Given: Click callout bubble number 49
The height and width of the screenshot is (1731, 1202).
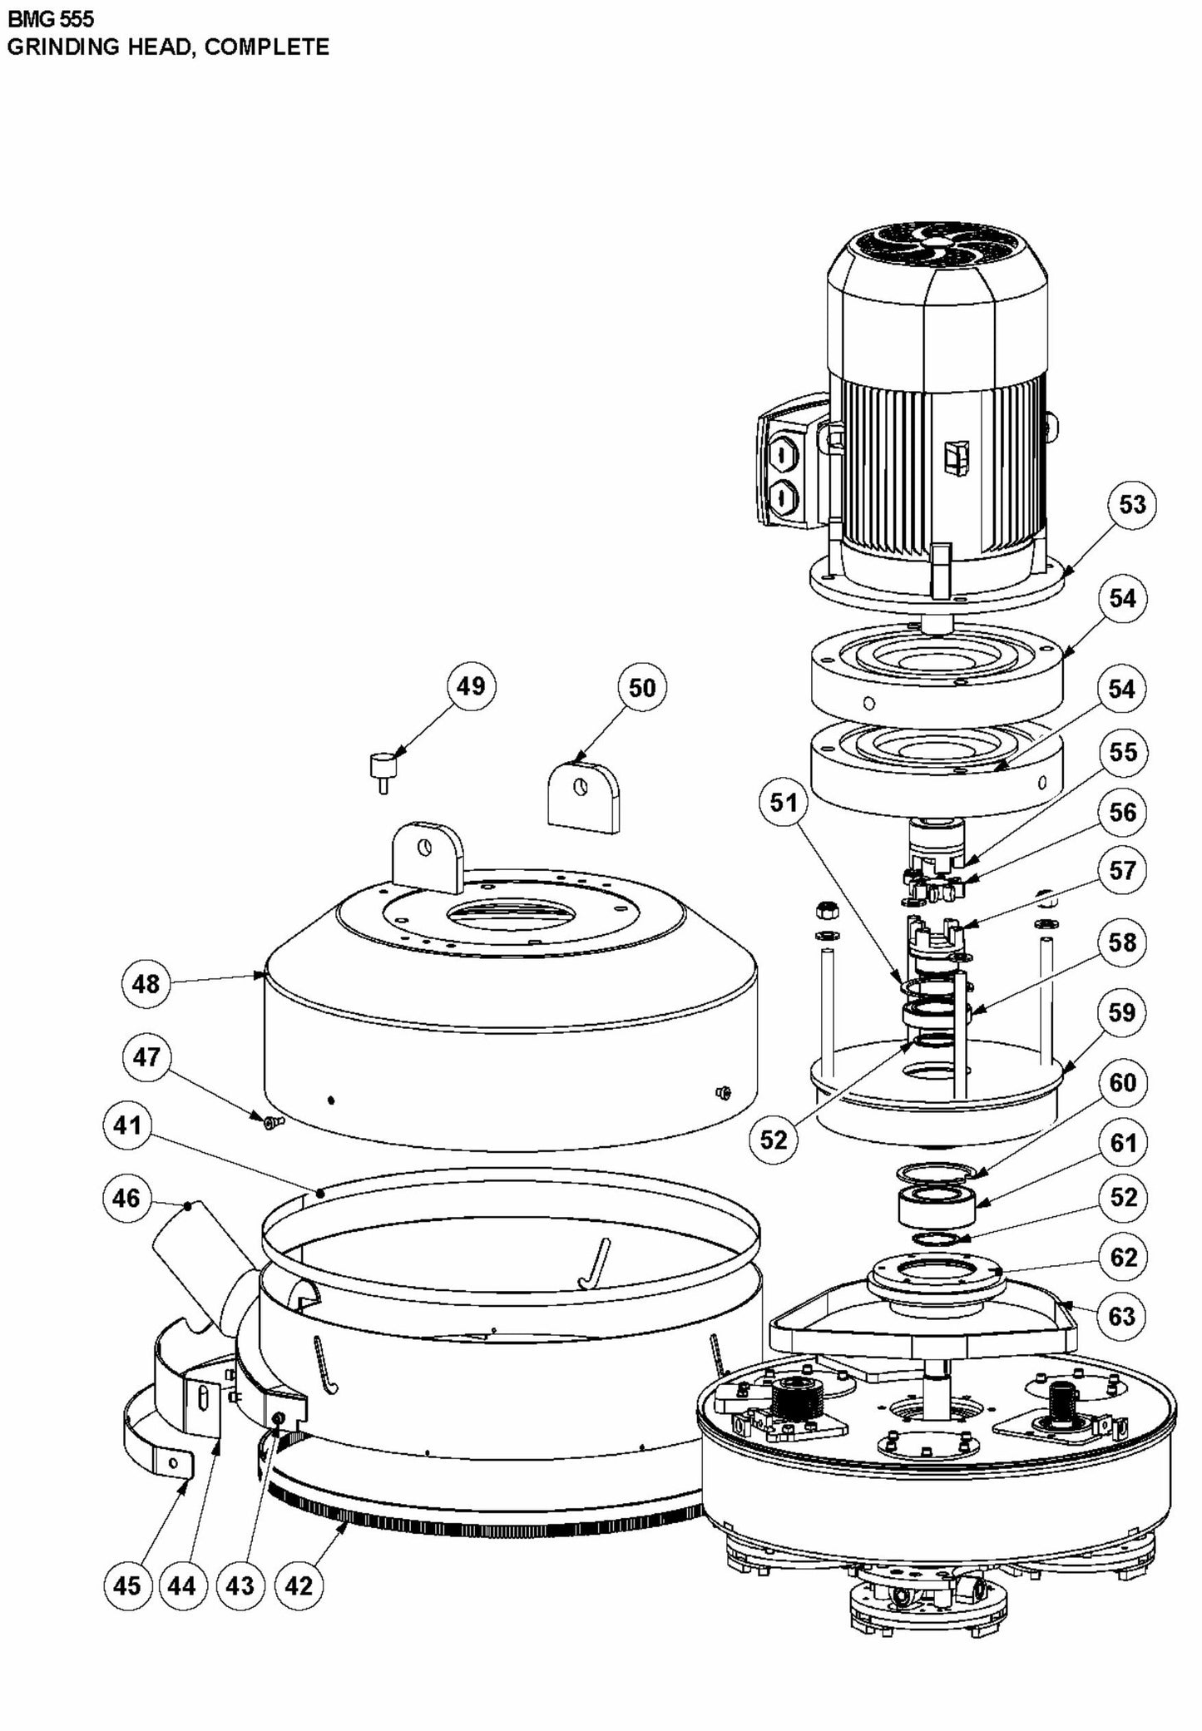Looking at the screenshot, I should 471,686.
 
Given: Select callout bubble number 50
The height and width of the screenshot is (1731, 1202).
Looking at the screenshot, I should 642,688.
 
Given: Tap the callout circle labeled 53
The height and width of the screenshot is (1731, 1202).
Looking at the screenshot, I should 1132,504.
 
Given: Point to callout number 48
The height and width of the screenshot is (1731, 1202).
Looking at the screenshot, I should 146,984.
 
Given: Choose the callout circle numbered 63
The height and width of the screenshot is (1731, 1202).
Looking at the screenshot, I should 1122,1316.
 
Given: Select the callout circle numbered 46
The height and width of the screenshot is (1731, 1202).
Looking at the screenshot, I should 126,1198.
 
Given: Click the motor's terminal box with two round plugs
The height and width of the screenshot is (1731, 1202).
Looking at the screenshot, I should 784,472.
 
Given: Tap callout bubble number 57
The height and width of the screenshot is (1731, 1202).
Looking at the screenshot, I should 1123,870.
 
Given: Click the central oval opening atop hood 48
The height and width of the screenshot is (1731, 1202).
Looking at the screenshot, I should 509,913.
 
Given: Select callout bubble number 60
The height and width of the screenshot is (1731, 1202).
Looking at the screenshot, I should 1123,1082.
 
